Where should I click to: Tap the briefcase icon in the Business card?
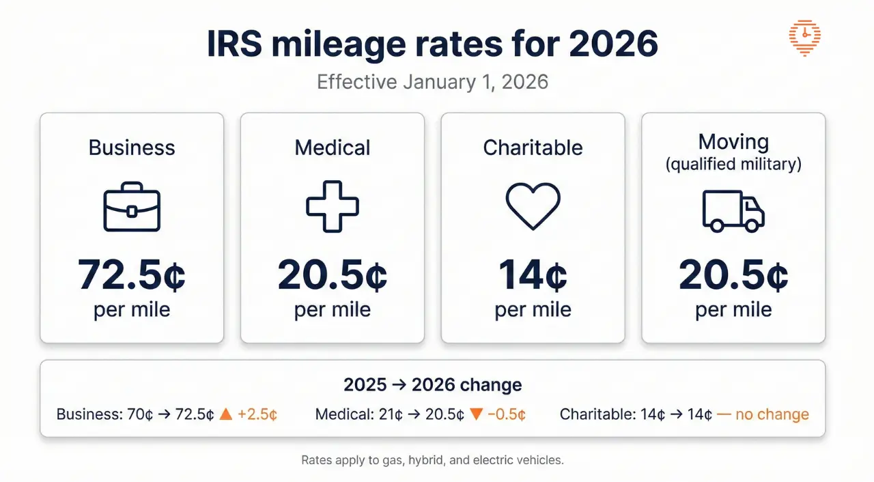pyautogui.click(x=132, y=207)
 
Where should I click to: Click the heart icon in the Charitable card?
pyautogui.click(x=533, y=205)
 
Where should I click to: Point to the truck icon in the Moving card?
pyautogui.click(x=733, y=210)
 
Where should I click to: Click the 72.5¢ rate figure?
pyautogui.click(x=132, y=275)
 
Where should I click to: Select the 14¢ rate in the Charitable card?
pyautogui.click(x=533, y=275)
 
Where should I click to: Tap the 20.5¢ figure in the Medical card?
pyautogui.click(x=332, y=275)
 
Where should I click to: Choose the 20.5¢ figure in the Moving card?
pyautogui.click(x=733, y=275)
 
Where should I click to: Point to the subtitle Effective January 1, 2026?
pyautogui.click(x=433, y=82)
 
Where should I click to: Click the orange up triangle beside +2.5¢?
pyautogui.click(x=226, y=414)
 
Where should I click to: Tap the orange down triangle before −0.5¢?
pyautogui.click(x=477, y=414)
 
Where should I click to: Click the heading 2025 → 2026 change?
pyautogui.click(x=433, y=384)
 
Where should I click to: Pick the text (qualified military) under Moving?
pyautogui.click(x=733, y=164)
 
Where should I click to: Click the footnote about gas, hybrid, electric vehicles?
pyautogui.click(x=433, y=460)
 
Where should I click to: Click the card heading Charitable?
pyautogui.click(x=533, y=147)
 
